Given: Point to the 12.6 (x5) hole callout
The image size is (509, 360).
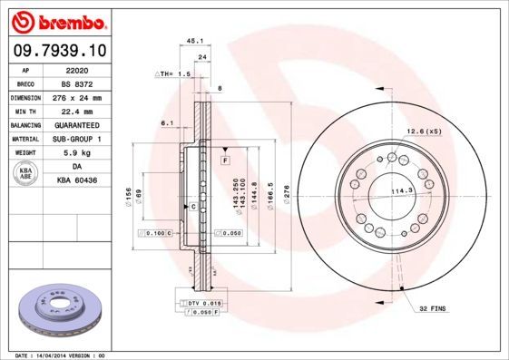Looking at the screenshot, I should click(423, 131).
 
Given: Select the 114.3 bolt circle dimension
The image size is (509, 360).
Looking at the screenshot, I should click(402, 190).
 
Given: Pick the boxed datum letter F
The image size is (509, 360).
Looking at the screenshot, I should click(224, 160).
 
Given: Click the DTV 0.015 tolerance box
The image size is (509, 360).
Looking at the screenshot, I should click(202, 302).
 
